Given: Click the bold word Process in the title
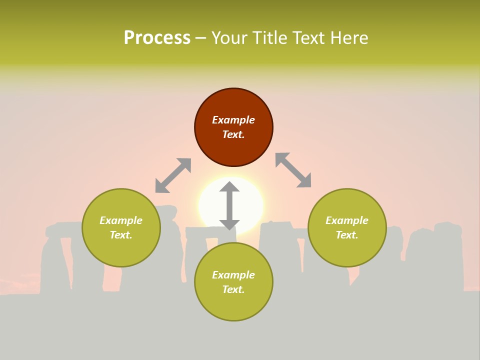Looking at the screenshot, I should click(x=157, y=38).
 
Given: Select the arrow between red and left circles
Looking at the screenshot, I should click(x=173, y=175).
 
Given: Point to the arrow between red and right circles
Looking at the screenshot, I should click(x=293, y=170).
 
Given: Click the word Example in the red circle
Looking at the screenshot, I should click(x=233, y=120).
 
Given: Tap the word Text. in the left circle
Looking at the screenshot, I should click(x=121, y=235).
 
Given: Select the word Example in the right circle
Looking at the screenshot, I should click(x=347, y=220).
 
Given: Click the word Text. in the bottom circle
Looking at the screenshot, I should click(x=233, y=289).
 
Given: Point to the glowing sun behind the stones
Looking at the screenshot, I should click(x=250, y=200).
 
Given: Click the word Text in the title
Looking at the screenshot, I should click(x=310, y=38).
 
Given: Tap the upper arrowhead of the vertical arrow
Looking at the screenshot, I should click(x=229, y=188).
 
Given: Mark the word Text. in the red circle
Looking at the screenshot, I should click(x=233, y=134).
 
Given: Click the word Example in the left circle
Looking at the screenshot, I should click(x=121, y=220).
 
